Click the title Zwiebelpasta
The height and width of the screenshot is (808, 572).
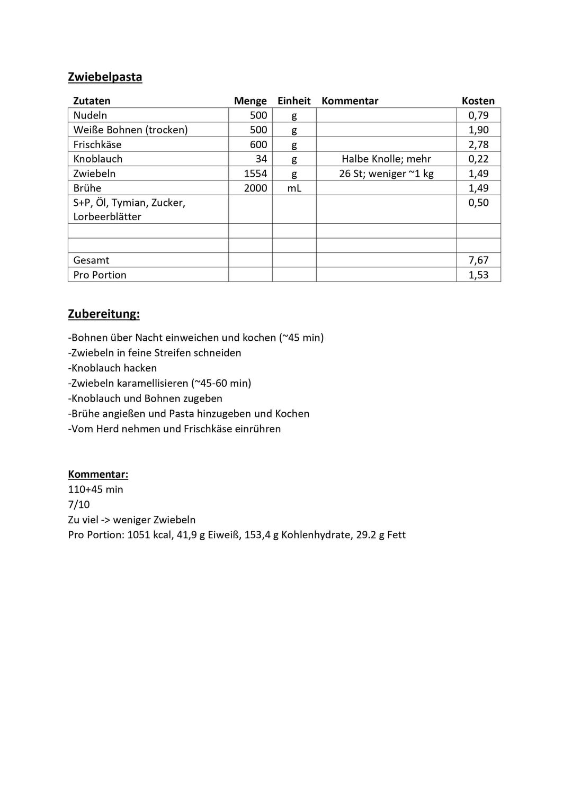coord(105,77)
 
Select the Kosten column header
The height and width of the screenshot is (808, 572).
coord(478,101)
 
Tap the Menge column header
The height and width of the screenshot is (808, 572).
coord(250,101)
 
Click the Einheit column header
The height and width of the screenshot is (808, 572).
coord(294,101)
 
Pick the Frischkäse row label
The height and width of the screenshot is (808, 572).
coord(97,144)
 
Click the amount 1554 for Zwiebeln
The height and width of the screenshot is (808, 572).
coord(255,174)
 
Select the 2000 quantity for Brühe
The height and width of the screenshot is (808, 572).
coord(255,188)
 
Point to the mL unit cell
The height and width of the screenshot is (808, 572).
coord(294,188)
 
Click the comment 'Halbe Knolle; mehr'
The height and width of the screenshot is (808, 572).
coord(386,159)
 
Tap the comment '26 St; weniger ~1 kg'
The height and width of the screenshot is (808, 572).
coord(386,174)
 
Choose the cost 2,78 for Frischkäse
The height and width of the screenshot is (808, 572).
coord(478,144)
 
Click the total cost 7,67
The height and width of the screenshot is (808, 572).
coord(478,260)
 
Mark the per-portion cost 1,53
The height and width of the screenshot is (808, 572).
coord(478,275)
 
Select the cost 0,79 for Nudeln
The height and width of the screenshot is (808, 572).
coord(478,115)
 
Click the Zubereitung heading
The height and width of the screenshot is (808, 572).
coord(104,314)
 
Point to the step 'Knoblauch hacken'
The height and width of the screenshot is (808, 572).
coord(113,368)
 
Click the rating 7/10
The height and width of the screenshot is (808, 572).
coord(79,505)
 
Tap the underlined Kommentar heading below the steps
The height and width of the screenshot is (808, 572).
coord(98,475)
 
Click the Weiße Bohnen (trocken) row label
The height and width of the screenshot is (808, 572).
coord(130,130)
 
